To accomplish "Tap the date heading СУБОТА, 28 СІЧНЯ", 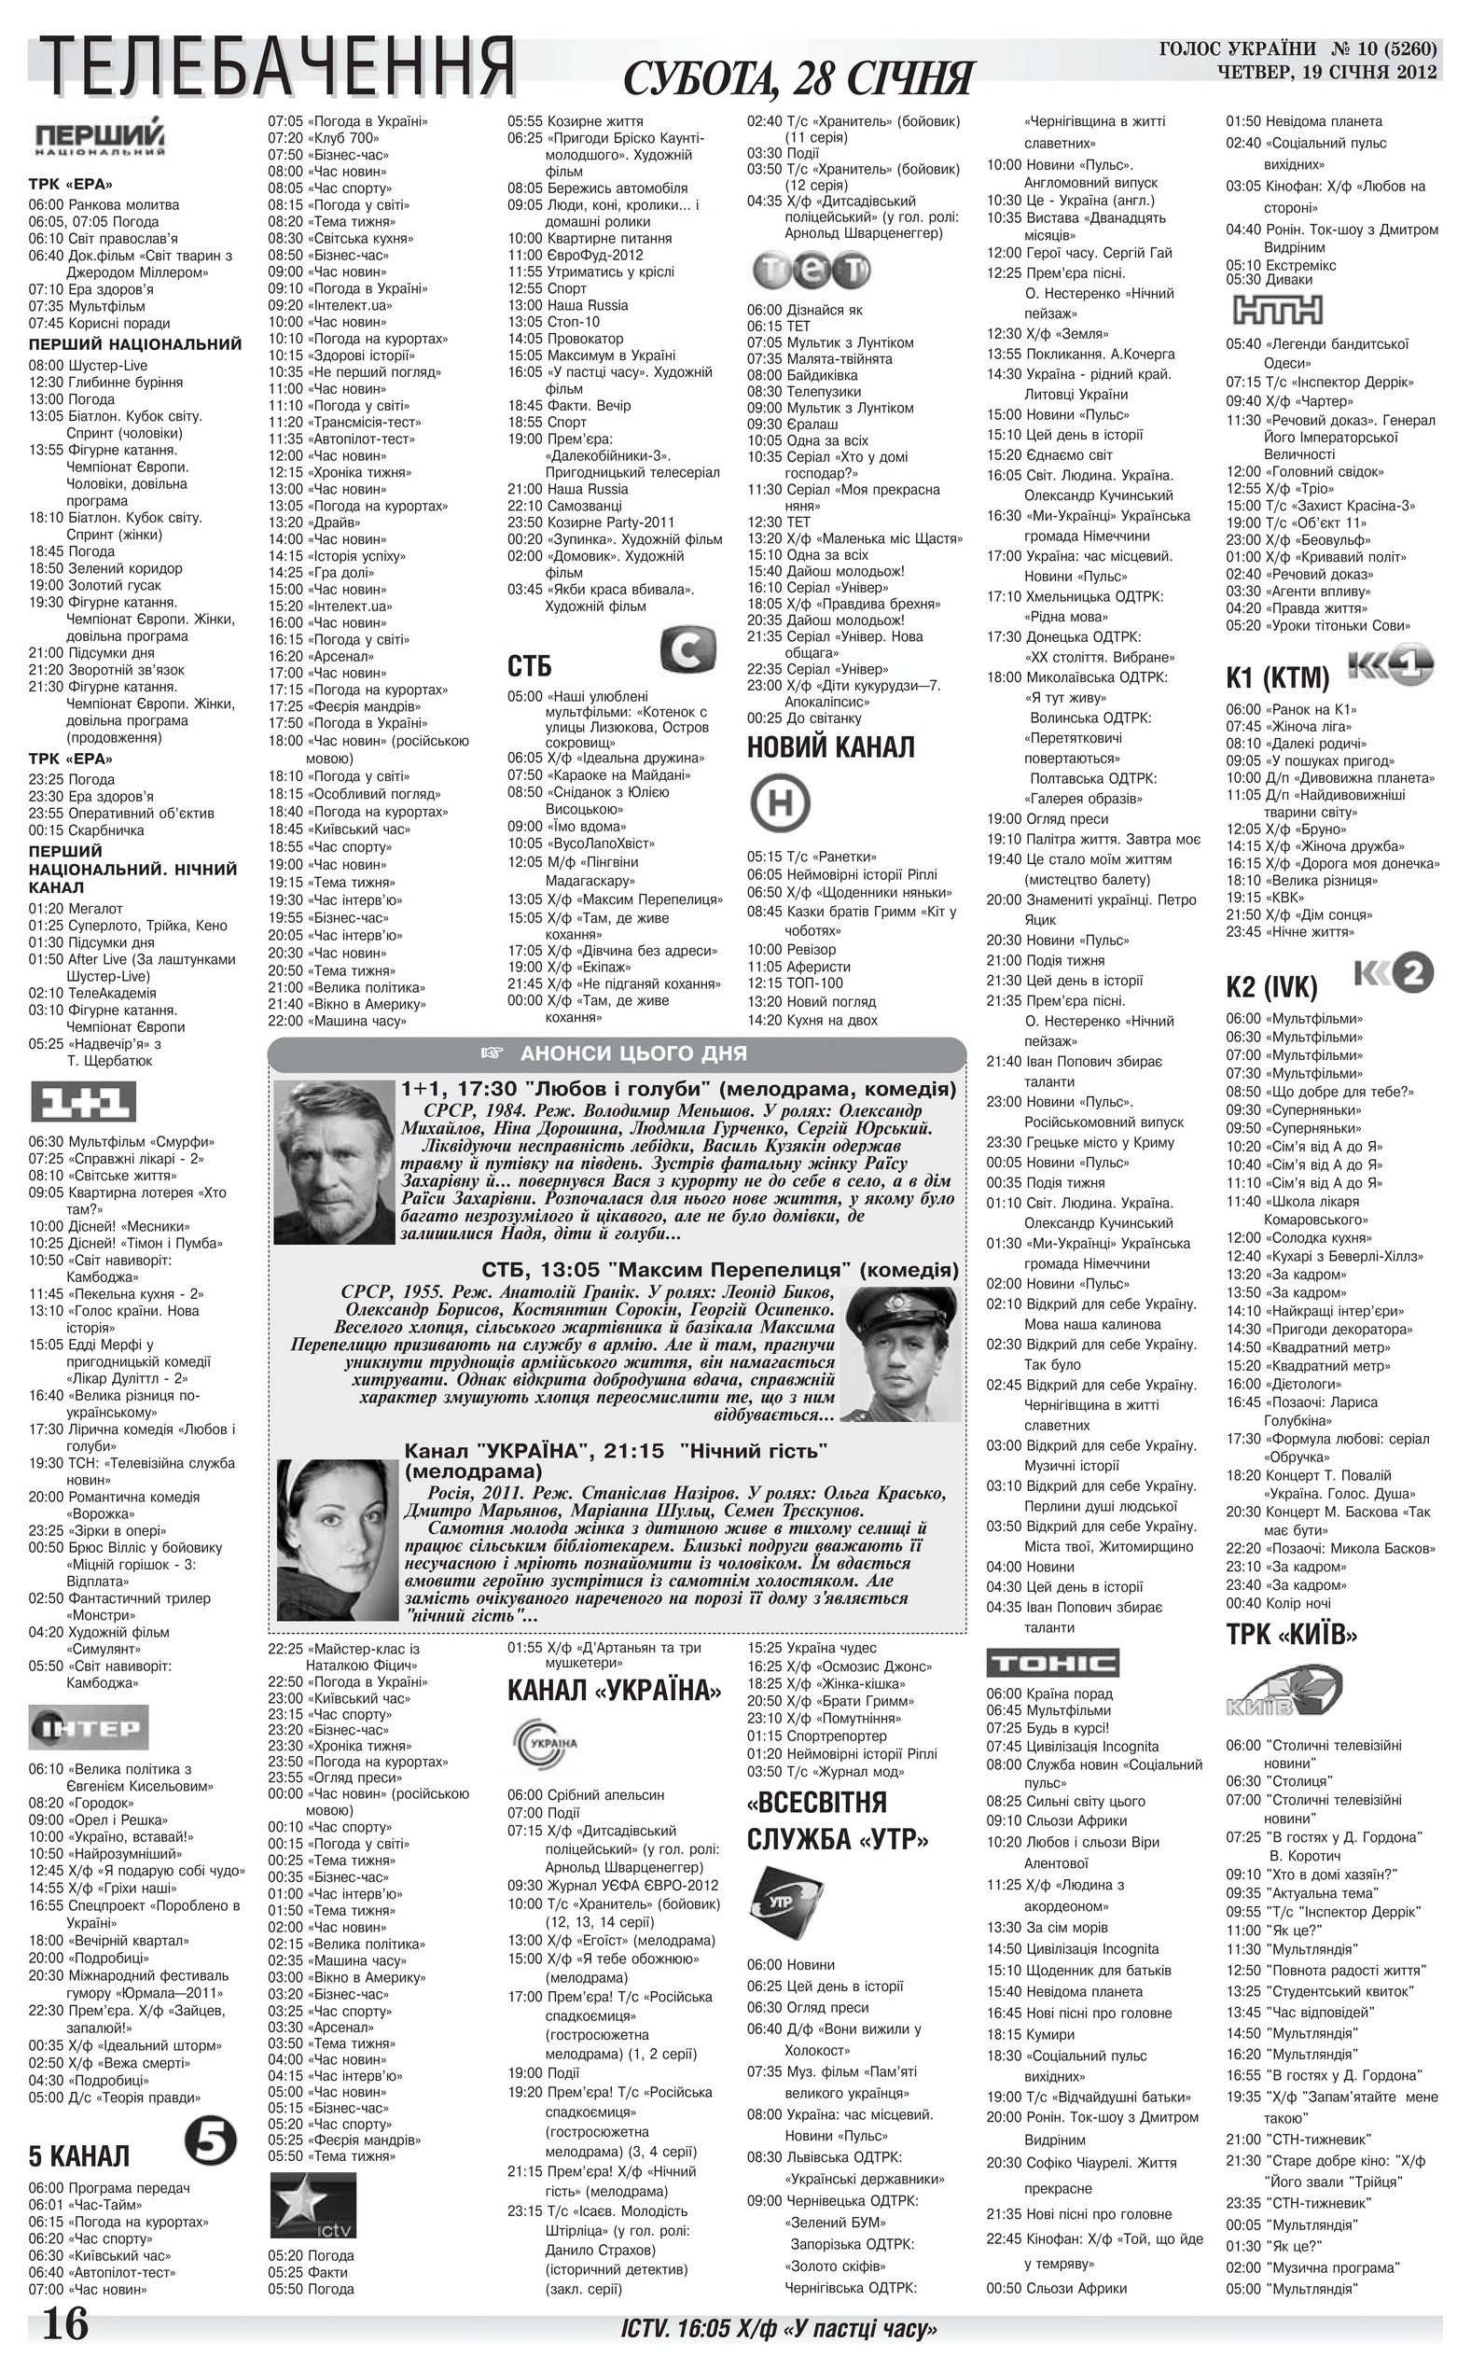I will coord(797,77).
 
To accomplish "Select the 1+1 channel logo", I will coord(83,1103).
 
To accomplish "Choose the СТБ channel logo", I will coord(687,650).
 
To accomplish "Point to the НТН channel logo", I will coord(1277,310).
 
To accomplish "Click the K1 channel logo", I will coord(1391,668).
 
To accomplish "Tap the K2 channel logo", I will coord(1395,973).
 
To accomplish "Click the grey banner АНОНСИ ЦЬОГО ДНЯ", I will coord(617,1053).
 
